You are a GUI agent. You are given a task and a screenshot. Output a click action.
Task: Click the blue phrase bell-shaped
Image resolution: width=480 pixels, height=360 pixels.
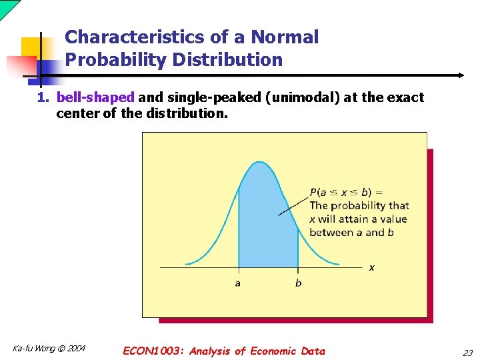(x=95, y=97)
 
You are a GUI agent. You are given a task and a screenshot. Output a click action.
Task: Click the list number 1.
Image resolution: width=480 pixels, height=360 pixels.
(x=42, y=97)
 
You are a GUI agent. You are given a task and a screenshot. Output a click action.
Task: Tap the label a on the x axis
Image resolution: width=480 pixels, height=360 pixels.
(x=238, y=283)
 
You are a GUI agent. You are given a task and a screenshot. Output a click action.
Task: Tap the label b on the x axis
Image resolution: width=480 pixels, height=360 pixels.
(x=298, y=283)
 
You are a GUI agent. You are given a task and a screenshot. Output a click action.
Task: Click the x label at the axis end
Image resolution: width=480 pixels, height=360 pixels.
(x=371, y=267)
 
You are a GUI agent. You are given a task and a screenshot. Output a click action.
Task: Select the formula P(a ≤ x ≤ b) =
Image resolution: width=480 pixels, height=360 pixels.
(x=345, y=193)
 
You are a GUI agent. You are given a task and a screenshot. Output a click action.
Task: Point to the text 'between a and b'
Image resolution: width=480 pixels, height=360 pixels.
(x=351, y=233)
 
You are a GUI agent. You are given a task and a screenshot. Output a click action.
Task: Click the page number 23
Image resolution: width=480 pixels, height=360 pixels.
(x=467, y=352)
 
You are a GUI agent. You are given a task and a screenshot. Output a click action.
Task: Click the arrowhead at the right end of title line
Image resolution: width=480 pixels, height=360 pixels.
(x=461, y=75)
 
